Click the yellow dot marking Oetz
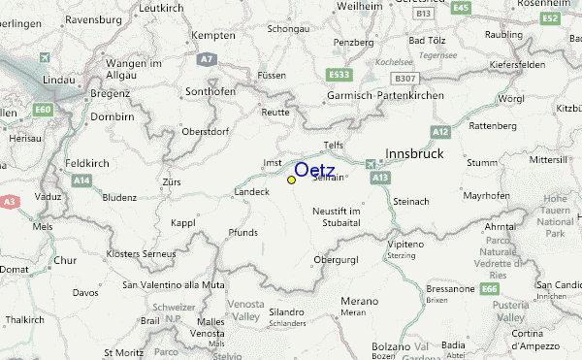point(291,180)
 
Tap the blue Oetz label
point(314,171)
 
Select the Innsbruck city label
point(415,153)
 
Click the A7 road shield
point(206,59)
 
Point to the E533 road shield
point(339,74)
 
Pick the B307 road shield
point(404,77)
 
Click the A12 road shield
point(441,130)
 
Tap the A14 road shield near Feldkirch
point(81,180)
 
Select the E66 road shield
point(490,288)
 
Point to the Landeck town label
point(252,192)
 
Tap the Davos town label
point(85,292)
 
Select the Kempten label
point(214,36)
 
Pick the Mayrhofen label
point(486,196)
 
